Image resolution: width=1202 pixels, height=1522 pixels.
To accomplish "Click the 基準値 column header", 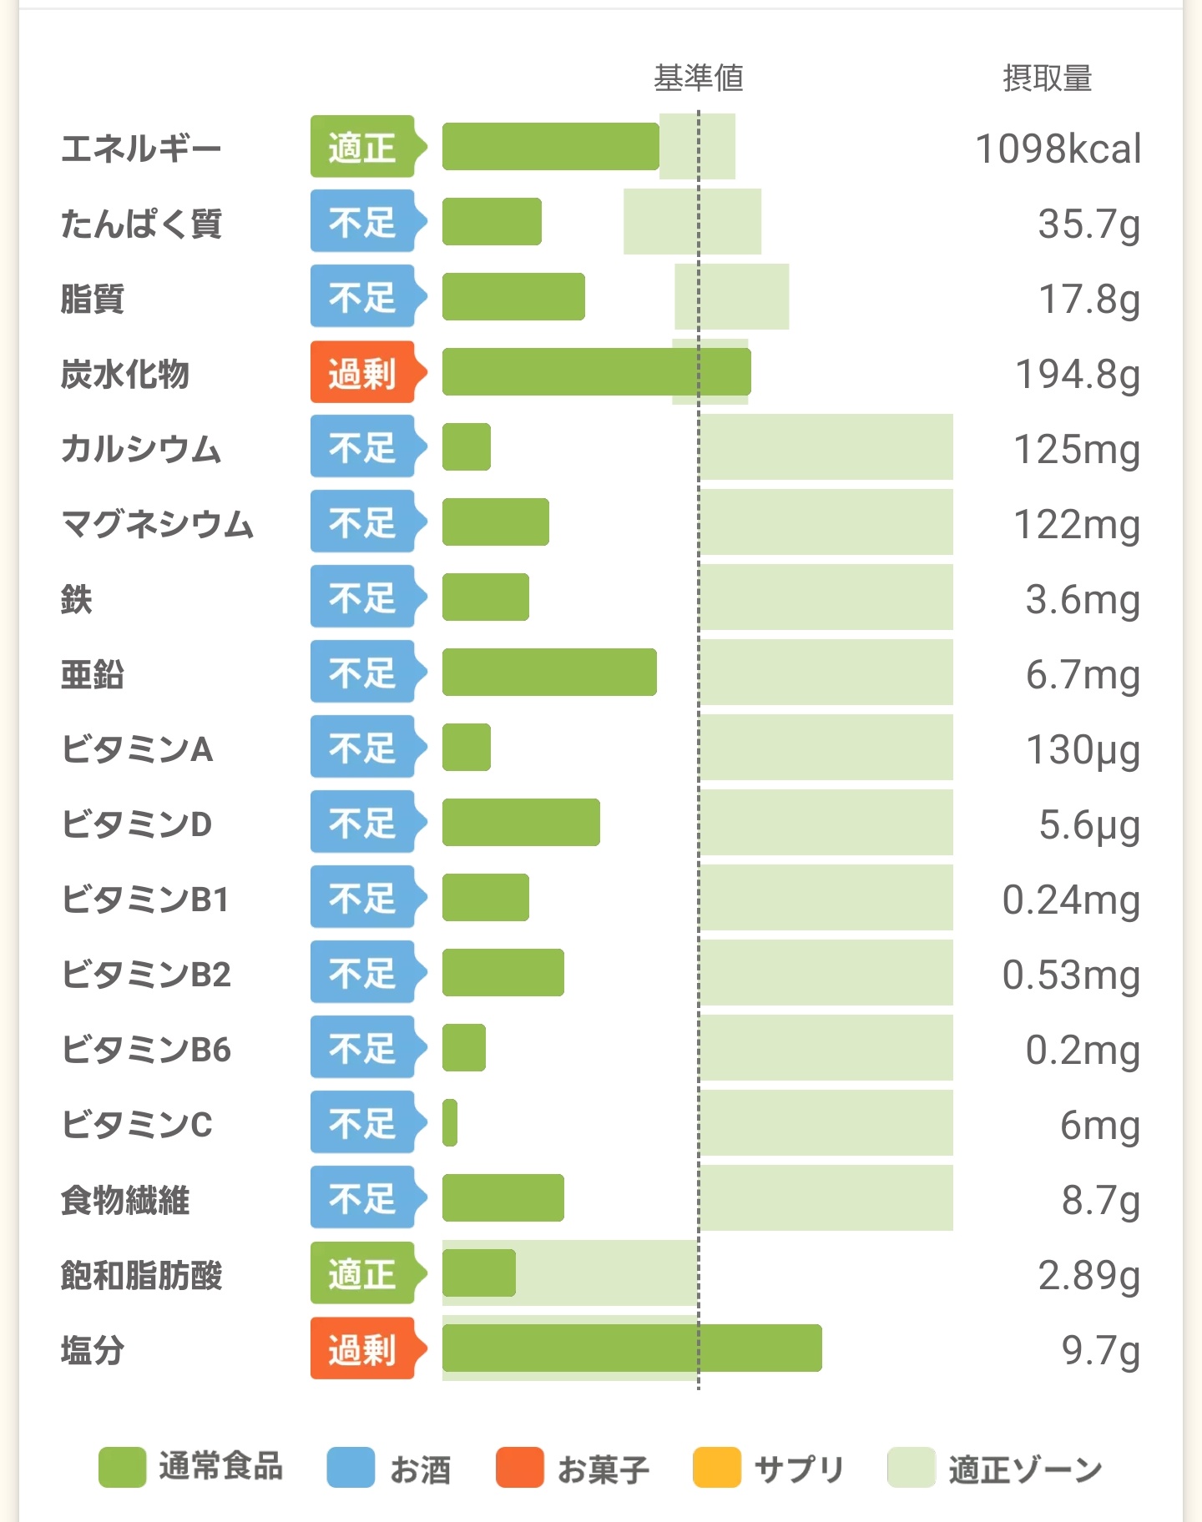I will pyautogui.click(x=698, y=78).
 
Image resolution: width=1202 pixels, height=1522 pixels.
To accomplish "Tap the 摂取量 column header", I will pyautogui.click(x=1047, y=78).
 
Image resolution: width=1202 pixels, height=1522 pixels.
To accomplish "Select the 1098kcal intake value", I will pyautogui.click(x=1058, y=149).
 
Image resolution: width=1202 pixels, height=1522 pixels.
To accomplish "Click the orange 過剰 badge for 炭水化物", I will pyautogui.click(x=363, y=372).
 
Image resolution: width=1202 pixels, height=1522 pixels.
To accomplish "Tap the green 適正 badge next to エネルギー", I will pyautogui.click(x=363, y=147).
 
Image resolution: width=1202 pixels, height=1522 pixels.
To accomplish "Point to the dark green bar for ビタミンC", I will pyautogui.click(x=450, y=1123).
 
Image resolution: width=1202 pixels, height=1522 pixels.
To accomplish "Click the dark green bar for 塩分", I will pyautogui.click(x=632, y=1348).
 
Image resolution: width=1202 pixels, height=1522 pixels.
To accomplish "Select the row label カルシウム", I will pyautogui.click(x=140, y=449).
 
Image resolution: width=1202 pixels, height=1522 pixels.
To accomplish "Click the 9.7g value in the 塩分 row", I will pyautogui.click(x=1100, y=1350).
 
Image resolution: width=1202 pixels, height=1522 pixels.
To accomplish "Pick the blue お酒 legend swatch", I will pyautogui.click(x=351, y=1468).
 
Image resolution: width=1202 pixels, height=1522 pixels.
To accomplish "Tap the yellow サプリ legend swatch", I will pyautogui.click(x=717, y=1468).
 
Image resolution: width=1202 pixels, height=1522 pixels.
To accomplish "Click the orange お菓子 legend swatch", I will pyautogui.click(x=519, y=1468).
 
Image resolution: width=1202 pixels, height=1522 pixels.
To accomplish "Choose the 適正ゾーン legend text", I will pyautogui.click(x=1025, y=1469).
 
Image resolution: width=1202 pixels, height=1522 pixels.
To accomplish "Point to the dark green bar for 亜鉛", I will pyautogui.click(x=549, y=672).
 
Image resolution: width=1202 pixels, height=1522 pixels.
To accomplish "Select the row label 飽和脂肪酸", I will pyautogui.click(x=141, y=1275).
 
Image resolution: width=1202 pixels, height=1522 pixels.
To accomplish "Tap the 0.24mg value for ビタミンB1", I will pyautogui.click(x=1071, y=900).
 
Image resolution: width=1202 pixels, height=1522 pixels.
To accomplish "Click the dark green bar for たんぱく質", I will pyautogui.click(x=492, y=222).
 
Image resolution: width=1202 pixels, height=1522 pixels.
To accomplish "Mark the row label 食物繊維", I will pyautogui.click(x=125, y=1200).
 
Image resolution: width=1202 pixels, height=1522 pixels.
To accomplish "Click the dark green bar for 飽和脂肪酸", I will pyautogui.click(x=478, y=1273).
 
